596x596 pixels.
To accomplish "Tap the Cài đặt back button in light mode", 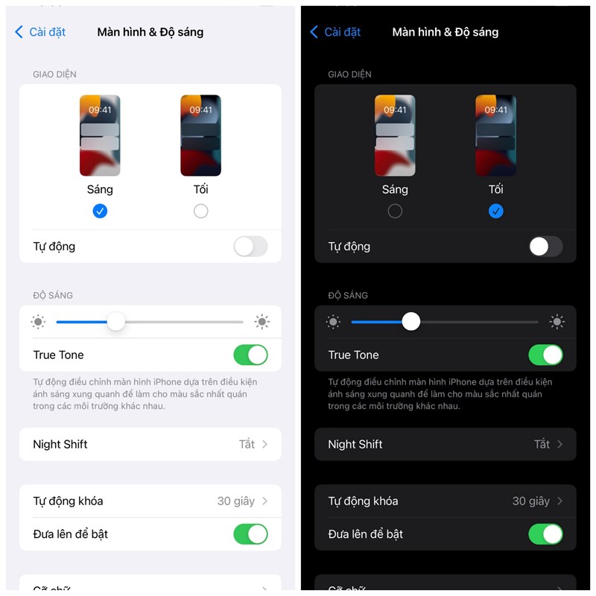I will click(x=41, y=32).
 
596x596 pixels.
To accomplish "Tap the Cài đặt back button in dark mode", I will click(x=336, y=32).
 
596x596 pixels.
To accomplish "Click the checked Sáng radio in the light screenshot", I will click(x=100, y=211).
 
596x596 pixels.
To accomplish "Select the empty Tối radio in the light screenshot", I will click(x=200, y=211).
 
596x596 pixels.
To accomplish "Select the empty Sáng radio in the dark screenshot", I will click(x=395, y=211).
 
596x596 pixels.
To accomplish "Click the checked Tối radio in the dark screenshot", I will click(x=496, y=211).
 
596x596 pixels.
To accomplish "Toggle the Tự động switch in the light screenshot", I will click(x=250, y=247).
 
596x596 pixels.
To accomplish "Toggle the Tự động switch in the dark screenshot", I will click(x=545, y=247).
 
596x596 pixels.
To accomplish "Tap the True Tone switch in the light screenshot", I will click(x=250, y=355).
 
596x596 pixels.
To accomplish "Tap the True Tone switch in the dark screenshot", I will click(x=545, y=355).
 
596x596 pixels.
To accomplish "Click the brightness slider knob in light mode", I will click(x=116, y=322).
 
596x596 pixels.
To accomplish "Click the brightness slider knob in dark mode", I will click(x=411, y=322).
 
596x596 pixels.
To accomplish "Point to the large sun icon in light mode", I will click(x=261, y=322).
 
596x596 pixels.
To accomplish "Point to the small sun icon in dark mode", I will click(x=333, y=322).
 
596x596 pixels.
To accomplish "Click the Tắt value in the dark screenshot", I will click(x=542, y=444).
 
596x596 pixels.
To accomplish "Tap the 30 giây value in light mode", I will click(x=235, y=501).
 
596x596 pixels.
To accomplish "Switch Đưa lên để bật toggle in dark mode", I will click(x=545, y=534).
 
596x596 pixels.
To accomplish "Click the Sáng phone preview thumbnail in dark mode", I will click(x=395, y=136).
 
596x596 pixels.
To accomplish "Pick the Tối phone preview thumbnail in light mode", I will click(x=200, y=136).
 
